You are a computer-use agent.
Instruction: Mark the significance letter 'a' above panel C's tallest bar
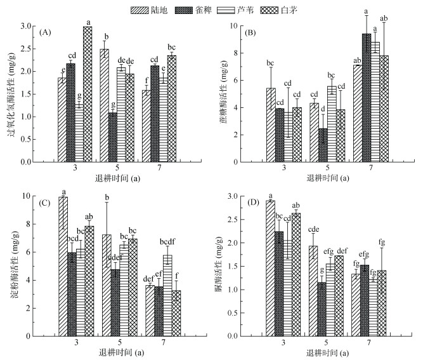[63, 192]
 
